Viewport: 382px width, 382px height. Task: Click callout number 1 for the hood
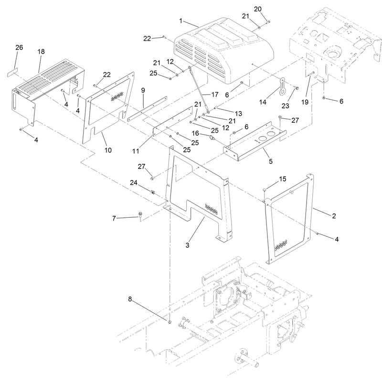coord(181,21)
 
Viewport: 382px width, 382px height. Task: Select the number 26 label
coord(19,47)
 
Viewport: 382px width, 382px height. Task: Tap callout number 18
coord(41,52)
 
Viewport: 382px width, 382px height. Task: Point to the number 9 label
coord(143,90)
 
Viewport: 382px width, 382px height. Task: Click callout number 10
coord(108,150)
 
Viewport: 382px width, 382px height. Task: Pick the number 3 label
coord(187,245)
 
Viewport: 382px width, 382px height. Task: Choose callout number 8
coord(130,299)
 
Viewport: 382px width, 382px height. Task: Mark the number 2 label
coord(334,216)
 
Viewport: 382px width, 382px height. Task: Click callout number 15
coord(282,179)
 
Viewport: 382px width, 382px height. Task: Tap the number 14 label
coord(263,102)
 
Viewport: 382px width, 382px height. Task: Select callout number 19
coord(305,102)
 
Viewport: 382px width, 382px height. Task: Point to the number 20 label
coord(258,9)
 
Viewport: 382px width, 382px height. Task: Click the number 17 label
coord(215,95)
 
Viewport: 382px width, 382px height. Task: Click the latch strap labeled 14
coord(282,85)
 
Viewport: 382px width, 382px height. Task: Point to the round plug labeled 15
coord(265,190)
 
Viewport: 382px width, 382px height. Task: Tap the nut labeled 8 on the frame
coord(170,322)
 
